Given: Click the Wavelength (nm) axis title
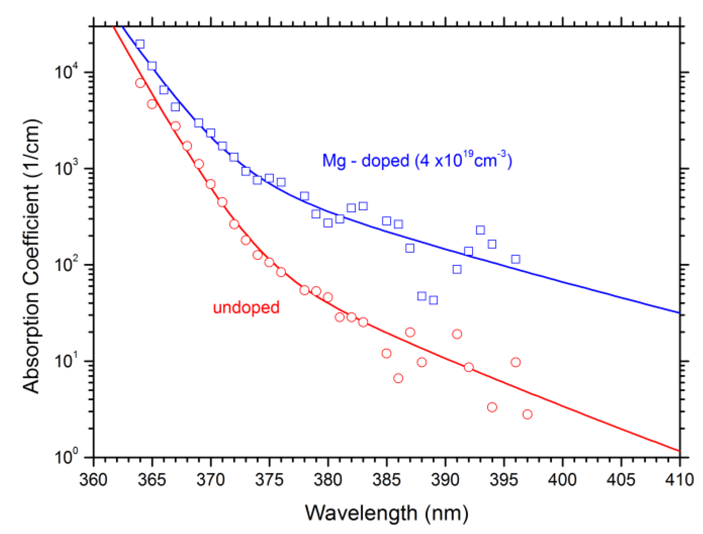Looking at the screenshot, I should click(387, 513).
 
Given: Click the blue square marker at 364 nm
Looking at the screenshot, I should click(140, 44).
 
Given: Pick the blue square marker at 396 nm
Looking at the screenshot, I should click(515, 259).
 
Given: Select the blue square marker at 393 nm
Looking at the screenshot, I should click(480, 230).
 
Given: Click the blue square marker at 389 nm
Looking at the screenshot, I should click(433, 300).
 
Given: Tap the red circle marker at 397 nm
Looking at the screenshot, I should click(527, 414).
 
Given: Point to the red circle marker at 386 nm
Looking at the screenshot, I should click(398, 378).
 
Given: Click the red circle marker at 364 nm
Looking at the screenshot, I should click(140, 83).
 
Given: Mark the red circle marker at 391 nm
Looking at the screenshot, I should click(457, 334).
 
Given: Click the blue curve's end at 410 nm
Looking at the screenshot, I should click(679, 313).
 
